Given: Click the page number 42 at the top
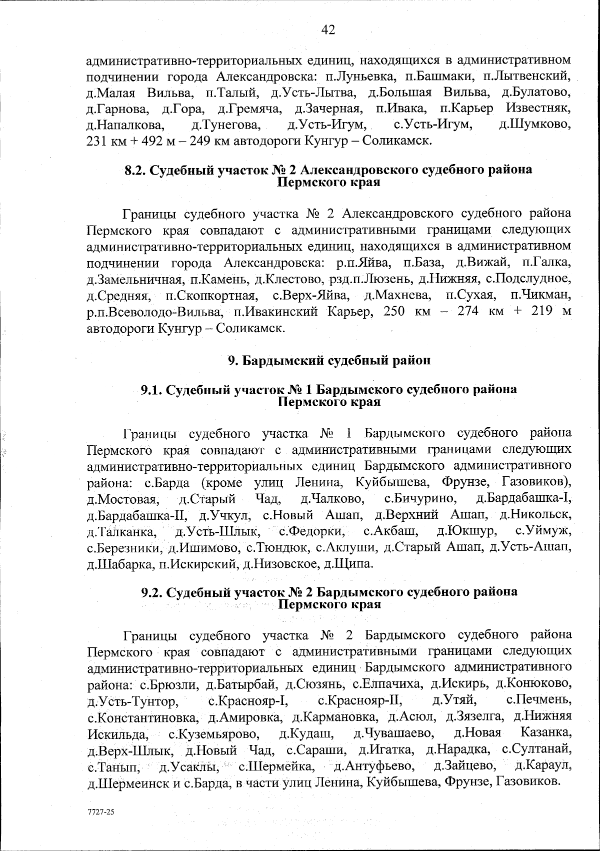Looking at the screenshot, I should [327, 30].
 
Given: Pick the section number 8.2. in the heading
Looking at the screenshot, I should [135, 170].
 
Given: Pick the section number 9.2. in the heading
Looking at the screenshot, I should [152, 592].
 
